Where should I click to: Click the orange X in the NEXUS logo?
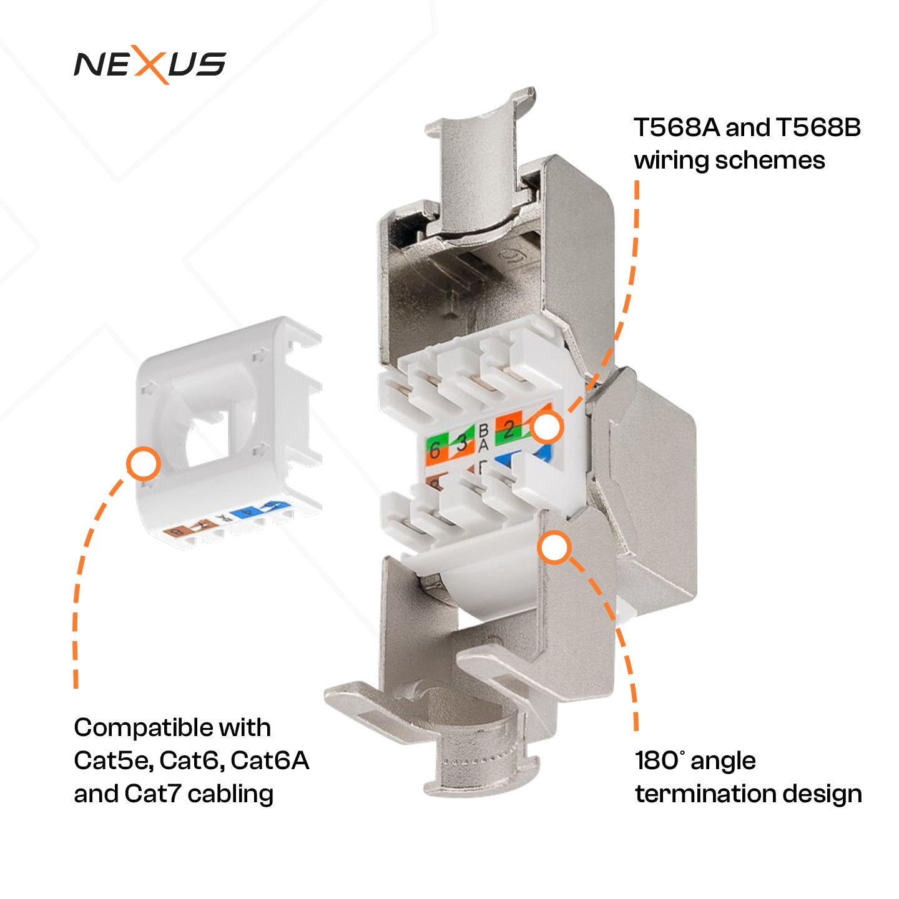[x=150, y=65]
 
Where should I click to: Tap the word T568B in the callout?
[x=818, y=128]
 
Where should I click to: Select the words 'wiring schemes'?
[x=729, y=161]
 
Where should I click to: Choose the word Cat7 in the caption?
[x=153, y=794]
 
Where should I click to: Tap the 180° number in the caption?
[x=658, y=761]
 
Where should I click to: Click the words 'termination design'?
[x=748, y=794]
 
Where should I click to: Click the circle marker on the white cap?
[x=143, y=464]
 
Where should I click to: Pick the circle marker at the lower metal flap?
[x=554, y=548]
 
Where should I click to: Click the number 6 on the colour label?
[x=435, y=450]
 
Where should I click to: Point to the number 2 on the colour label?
[x=509, y=429]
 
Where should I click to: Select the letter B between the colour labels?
[x=483, y=431]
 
